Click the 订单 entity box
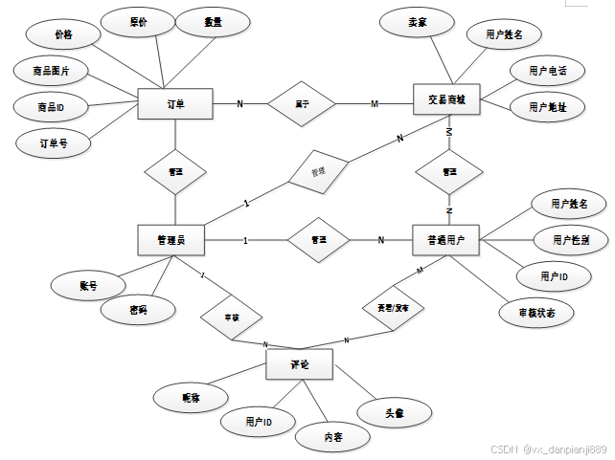point(175,103)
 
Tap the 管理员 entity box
point(173,239)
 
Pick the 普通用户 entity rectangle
point(445,239)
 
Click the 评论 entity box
point(300,364)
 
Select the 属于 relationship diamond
point(300,103)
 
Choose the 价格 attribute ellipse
point(63,34)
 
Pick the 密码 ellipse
point(139,310)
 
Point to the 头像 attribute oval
point(394,413)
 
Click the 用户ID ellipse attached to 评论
point(258,421)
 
